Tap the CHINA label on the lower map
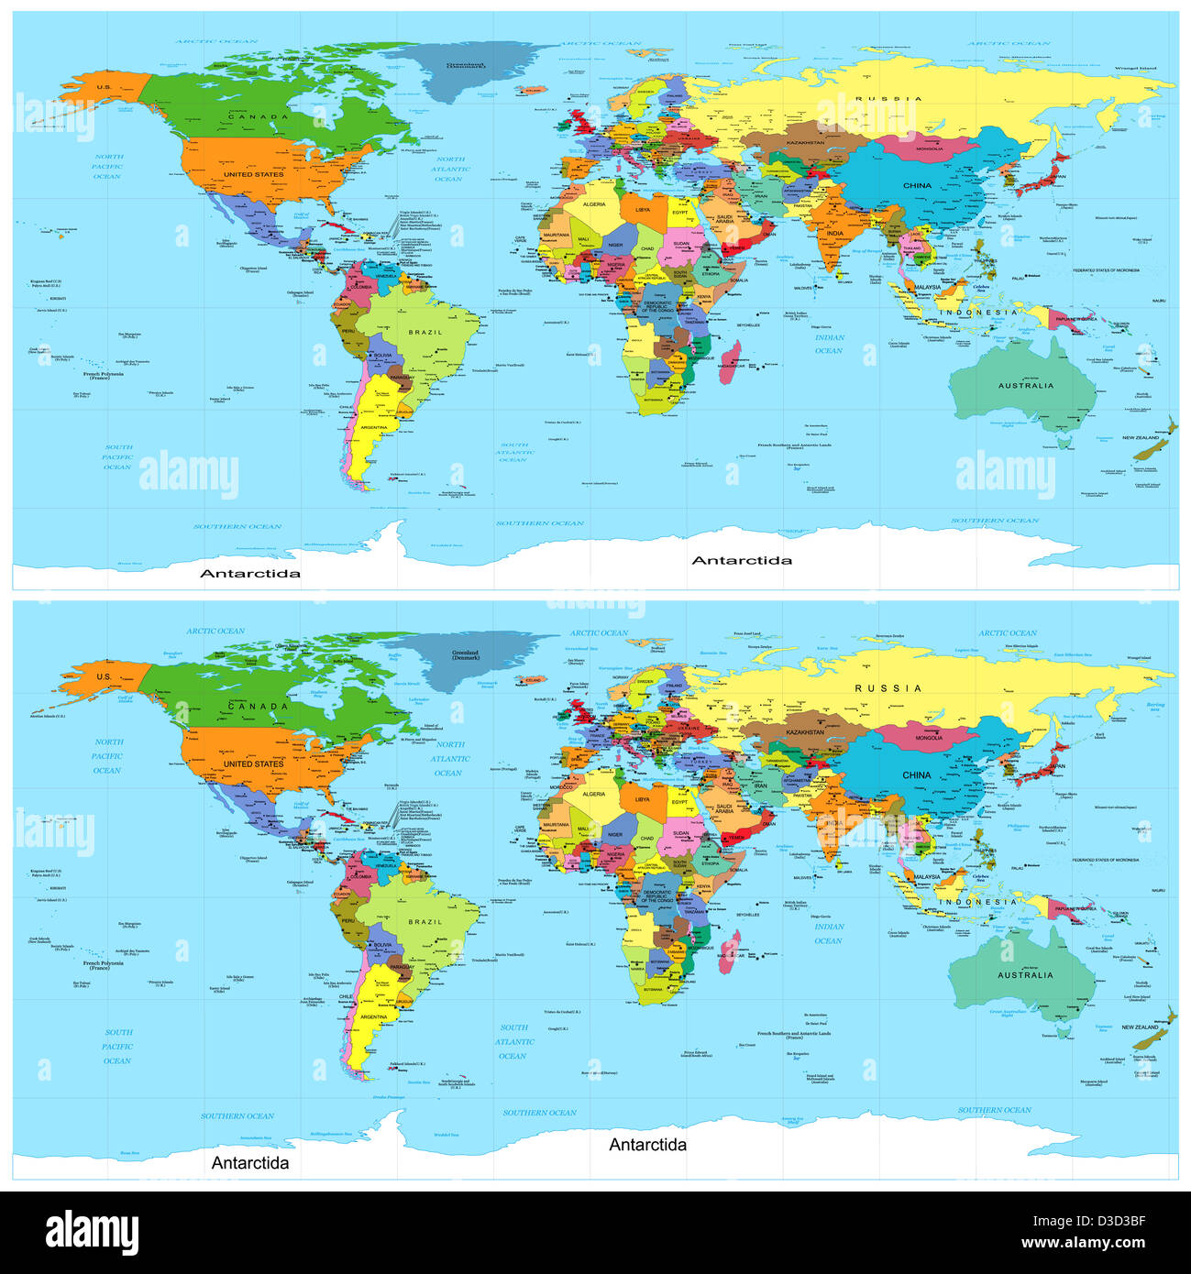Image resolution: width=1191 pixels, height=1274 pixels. coord(917,774)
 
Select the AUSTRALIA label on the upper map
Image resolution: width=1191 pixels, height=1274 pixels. coord(1026,386)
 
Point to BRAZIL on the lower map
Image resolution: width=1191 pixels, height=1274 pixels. coord(425,922)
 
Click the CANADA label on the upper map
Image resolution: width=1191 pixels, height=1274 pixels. coord(258,117)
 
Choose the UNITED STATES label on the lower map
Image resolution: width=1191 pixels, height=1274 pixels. coord(253,763)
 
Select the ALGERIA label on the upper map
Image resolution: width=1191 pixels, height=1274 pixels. coord(594,204)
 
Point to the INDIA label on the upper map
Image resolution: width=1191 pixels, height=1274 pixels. coord(834,234)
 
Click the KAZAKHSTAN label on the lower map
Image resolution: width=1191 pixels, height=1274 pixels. coord(805,732)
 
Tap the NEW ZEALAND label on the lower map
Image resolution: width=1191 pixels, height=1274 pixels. coord(1141,1027)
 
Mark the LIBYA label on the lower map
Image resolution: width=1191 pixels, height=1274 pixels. coord(643,799)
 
